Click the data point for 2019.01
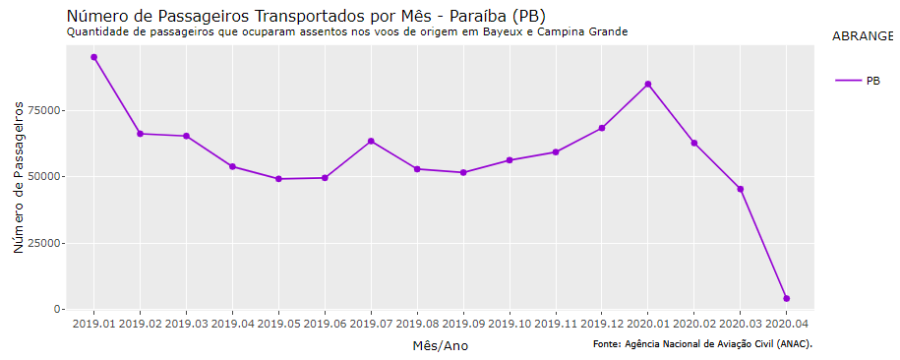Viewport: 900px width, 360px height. coord(93,57)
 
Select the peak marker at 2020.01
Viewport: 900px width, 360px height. coord(648,85)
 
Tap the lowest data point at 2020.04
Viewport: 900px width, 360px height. coord(786,298)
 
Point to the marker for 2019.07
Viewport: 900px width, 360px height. coord(371,141)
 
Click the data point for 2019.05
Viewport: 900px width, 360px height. coord(278,179)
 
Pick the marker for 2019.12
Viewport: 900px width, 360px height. coord(602,128)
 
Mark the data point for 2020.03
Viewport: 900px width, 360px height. coord(740,189)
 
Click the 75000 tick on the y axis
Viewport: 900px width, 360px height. coord(43,111)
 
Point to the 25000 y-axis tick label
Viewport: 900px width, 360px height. coord(43,243)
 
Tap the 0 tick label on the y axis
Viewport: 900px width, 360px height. coord(57,309)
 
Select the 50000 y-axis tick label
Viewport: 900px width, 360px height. coord(43,177)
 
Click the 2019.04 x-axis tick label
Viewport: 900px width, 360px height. coord(232,323)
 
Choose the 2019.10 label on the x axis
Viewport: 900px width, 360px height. coord(510,323)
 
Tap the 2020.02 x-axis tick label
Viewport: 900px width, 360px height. coord(694,323)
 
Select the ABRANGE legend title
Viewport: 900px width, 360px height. coord(862,36)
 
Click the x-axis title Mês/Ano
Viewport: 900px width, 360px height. coord(440,345)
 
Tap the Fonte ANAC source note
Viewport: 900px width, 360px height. coord(702,343)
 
